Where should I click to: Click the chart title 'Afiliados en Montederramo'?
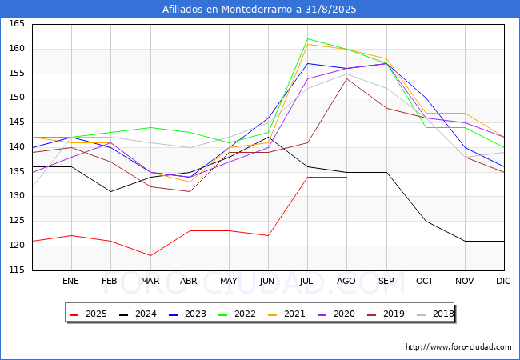pos(227,9)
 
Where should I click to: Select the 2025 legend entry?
pos(88,314)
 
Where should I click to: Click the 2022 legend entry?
pos(237,314)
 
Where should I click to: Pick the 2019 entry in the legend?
pos(386,314)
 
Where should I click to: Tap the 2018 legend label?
pos(443,314)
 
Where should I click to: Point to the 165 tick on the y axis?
pos(17,24)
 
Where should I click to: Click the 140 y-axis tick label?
pos(17,147)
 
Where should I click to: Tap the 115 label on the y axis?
pos(17,270)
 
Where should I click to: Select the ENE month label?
pos(70,281)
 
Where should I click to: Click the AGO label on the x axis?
pos(346,281)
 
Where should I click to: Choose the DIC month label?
pos(503,281)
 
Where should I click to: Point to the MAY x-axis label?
pos(229,281)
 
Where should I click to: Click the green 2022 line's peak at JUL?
pos(308,38)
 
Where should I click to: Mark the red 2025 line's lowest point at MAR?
pos(150,255)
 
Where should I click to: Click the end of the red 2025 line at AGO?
pos(347,177)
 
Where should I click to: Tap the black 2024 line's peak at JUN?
pos(268,137)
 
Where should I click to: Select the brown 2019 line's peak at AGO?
pos(347,78)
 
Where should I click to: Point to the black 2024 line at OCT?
pos(426,221)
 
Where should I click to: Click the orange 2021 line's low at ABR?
pos(190,182)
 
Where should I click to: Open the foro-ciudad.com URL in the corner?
pos(458,347)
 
